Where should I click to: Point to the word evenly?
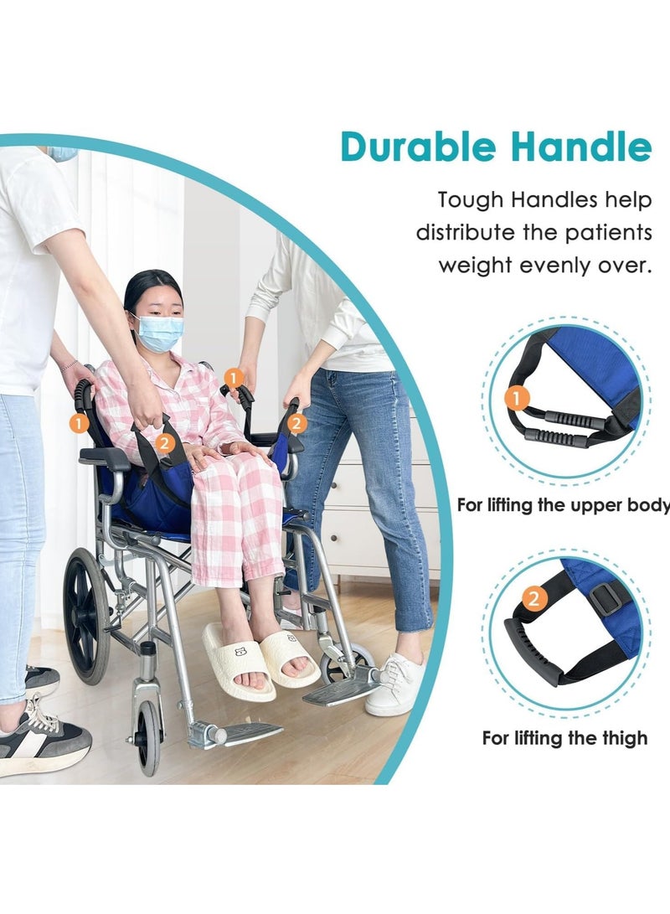click(564, 266)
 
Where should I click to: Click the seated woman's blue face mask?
click(159, 333)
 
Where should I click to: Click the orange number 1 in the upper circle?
click(518, 398)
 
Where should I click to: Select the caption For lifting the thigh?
click(564, 738)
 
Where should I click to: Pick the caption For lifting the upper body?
click(563, 505)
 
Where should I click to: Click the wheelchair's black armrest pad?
click(105, 457)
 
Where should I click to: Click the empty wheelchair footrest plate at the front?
click(251, 732)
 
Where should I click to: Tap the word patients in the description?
click(608, 233)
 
